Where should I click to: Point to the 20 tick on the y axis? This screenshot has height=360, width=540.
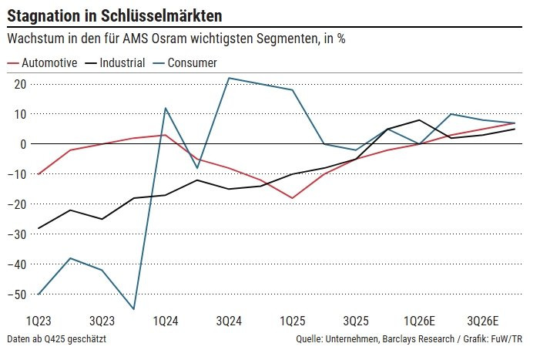[x=18, y=84]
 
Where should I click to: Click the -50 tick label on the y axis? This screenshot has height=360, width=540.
[x=16, y=294]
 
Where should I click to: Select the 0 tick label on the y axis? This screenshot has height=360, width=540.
[x=22, y=144]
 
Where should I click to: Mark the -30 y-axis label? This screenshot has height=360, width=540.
[x=16, y=234]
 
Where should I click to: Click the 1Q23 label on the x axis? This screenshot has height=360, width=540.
[x=39, y=320]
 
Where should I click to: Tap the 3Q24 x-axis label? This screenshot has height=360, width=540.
[x=230, y=320]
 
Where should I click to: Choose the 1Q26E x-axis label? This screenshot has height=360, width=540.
[x=421, y=320]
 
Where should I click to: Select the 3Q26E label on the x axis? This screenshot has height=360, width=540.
[x=484, y=320]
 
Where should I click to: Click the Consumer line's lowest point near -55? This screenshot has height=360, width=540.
[x=134, y=309]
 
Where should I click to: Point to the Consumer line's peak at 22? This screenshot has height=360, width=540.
[x=229, y=78]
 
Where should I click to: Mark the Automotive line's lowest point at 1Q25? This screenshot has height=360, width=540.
[x=293, y=198]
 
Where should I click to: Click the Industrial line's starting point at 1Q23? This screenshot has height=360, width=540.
[x=39, y=228]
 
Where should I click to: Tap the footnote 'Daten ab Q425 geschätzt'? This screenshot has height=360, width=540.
[x=56, y=339]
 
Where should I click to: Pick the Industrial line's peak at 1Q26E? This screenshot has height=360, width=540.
[x=419, y=120]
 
